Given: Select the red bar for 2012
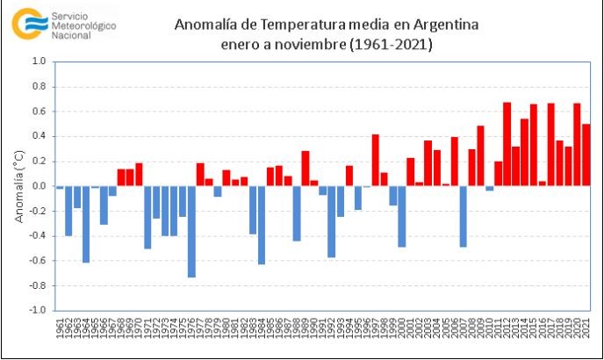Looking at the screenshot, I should (507, 144).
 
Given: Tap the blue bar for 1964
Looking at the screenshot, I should (86, 224).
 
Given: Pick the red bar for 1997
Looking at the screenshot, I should (375, 160).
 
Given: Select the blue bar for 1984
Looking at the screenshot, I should (262, 225).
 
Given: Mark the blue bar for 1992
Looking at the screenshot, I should (332, 221).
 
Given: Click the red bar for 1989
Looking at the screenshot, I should (306, 168).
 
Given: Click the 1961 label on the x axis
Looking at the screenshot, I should (60, 330).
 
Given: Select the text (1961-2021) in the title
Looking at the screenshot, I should (393, 44).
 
